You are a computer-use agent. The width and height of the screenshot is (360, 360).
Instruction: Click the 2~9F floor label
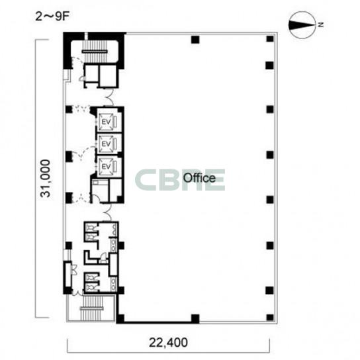[52, 17]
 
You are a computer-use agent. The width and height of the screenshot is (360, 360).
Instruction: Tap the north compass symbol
[302, 24]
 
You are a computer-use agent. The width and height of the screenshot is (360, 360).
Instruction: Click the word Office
[199, 178]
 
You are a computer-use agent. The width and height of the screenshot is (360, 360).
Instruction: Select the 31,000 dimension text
[45, 179]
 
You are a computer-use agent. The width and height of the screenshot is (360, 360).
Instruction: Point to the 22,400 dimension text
[168, 343]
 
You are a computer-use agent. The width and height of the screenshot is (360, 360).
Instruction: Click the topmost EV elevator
[107, 122]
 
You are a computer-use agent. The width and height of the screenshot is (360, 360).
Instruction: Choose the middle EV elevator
[107, 144]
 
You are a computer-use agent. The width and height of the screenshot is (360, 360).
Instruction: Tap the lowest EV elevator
[107, 167]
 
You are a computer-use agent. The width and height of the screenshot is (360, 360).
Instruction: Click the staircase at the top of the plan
[95, 52]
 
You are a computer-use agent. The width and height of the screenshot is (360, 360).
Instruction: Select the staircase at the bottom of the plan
[92, 308]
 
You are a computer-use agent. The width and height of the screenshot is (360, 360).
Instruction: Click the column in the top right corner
[270, 39]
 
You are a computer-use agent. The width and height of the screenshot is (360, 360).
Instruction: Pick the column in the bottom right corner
[270, 318]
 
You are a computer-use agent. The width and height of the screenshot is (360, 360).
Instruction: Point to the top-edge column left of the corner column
[195, 40]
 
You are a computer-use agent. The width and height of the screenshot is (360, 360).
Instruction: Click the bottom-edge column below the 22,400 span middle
[195, 318]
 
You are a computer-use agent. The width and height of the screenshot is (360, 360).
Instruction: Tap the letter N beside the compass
[321, 24]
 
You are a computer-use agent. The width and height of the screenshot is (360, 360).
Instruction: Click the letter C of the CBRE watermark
[147, 180]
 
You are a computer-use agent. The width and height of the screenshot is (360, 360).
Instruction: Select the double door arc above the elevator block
[108, 97]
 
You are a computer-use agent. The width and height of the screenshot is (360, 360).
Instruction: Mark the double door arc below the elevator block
[107, 211]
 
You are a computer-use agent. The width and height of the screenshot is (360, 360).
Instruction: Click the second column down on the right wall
[270, 66]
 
